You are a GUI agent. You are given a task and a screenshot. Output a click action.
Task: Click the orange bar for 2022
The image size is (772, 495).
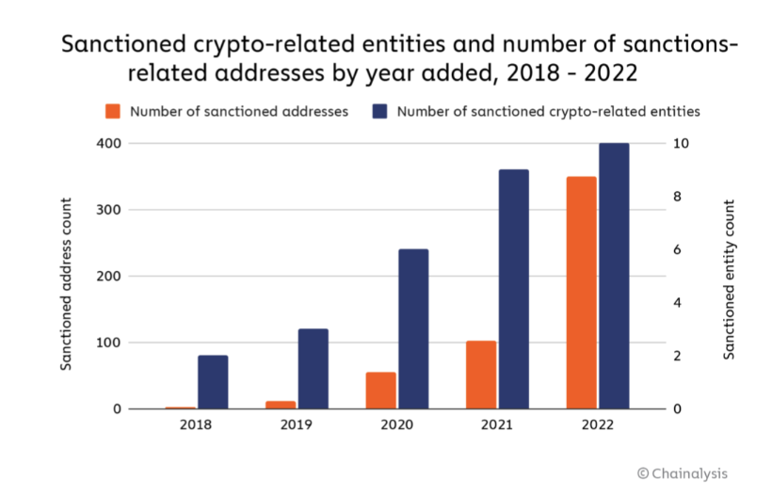581,293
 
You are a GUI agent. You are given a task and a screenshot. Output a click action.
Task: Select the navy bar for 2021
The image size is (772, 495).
514,289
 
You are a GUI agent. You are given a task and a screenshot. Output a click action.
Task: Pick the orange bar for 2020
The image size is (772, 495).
380,391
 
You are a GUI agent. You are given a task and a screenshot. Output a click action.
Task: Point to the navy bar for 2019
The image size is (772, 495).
313,369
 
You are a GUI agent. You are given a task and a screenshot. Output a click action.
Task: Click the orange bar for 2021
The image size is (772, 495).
481,375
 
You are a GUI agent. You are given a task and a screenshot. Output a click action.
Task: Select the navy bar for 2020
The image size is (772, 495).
413,329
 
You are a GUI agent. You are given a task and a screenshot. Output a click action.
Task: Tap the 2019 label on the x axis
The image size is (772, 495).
296,425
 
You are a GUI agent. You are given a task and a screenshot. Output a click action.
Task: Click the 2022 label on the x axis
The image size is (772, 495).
597,425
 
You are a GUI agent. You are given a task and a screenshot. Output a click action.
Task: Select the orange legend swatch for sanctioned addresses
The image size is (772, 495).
113,111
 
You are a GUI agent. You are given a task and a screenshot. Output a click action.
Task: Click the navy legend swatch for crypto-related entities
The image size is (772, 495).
380,111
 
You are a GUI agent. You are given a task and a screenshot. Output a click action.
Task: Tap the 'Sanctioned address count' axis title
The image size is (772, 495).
67,283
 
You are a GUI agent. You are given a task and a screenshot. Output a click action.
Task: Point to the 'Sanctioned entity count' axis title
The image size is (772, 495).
728,279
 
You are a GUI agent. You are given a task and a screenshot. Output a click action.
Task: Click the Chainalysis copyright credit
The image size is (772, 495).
683,473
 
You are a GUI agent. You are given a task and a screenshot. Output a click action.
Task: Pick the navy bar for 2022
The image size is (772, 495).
614,276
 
